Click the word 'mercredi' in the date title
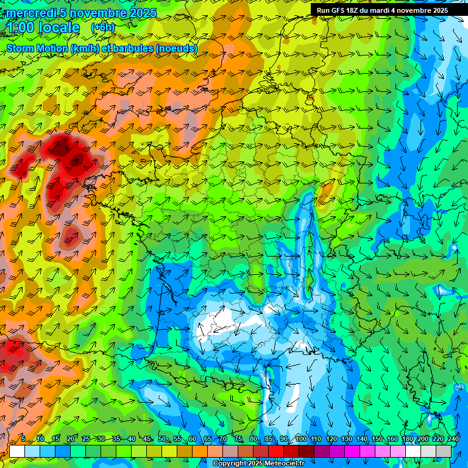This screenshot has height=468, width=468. [x=30, y=13]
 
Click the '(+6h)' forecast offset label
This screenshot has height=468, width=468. [x=102, y=27]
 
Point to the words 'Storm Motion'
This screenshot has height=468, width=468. [x=37, y=48]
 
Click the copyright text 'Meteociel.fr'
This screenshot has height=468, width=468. [x=285, y=464]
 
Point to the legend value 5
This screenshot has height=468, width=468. [x=23, y=439]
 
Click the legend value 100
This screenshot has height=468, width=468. [x=301, y=439]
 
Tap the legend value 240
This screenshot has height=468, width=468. [x=453, y=439]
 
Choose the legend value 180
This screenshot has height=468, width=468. [x=408, y=439]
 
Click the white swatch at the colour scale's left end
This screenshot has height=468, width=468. [x=17, y=451]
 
